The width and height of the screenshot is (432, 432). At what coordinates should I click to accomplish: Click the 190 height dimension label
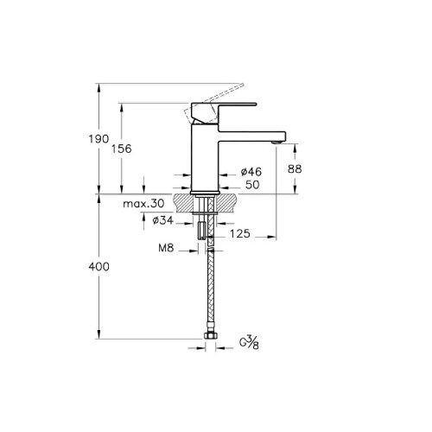(98, 139)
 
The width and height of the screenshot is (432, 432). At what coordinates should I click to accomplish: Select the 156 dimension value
(122, 149)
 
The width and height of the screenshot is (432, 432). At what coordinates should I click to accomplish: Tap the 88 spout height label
(295, 169)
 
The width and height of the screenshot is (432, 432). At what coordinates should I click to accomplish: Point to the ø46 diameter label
(251, 172)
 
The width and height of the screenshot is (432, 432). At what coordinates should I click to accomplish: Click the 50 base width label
(252, 185)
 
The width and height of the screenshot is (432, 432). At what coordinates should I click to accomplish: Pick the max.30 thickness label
(143, 204)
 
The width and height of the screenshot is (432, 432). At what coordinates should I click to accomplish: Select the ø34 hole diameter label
(163, 220)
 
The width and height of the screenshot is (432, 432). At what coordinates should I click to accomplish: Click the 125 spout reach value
(240, 233)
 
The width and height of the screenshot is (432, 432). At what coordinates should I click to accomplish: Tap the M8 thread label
(166, 248)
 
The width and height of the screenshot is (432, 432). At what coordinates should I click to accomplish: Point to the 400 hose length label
(98, 267)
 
